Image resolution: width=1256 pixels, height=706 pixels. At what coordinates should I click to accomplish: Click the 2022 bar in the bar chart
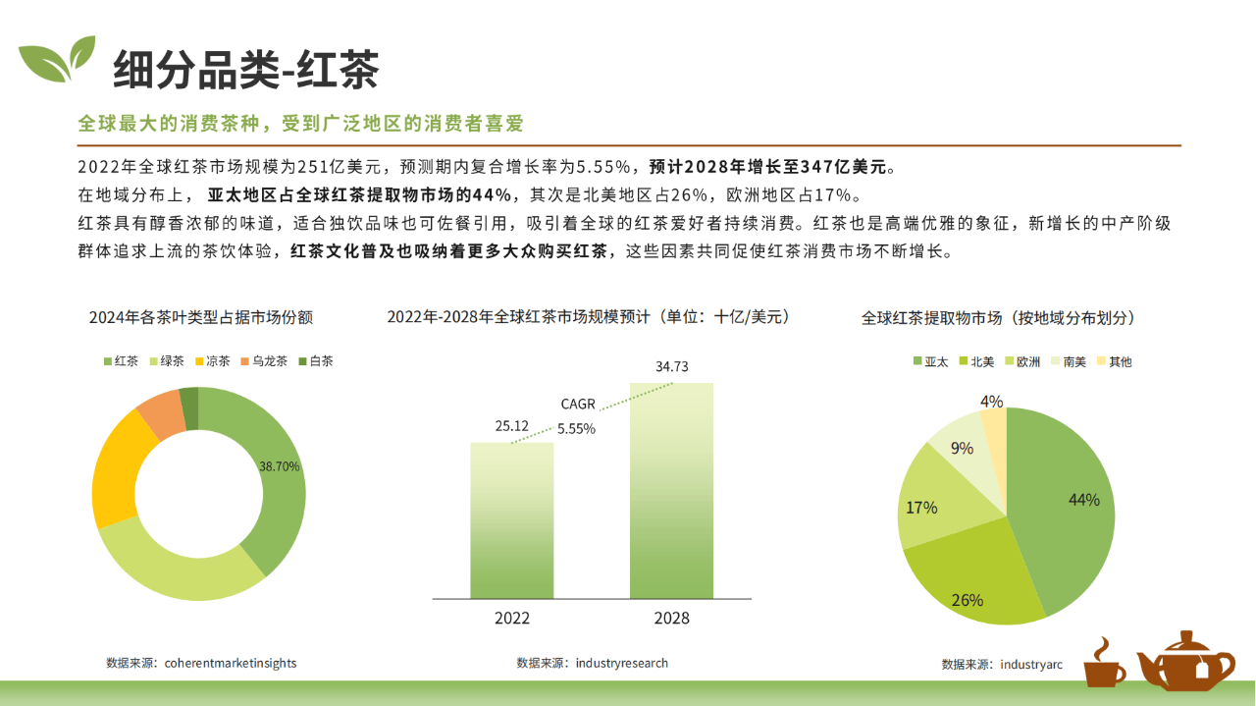[512, 520]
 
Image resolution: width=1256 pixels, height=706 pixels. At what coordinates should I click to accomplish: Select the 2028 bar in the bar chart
[672, 491]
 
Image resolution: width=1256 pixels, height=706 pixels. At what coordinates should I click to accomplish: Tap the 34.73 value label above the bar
[672, 366]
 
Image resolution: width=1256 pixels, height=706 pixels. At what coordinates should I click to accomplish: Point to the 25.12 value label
[511, 426]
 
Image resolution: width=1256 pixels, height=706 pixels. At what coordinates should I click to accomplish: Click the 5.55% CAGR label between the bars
[576, 429]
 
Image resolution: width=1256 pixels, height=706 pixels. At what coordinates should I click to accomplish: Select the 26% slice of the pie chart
[972, 578]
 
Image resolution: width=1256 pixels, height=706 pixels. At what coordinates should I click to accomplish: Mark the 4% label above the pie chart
[991, 402]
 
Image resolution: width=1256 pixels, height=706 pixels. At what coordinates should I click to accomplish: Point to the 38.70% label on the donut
[280, 466]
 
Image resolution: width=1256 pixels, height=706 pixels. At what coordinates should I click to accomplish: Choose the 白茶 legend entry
[316, 361]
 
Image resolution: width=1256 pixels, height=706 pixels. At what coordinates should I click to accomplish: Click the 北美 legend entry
[976, 362]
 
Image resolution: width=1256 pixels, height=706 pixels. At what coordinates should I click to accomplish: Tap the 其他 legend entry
[1115, 362]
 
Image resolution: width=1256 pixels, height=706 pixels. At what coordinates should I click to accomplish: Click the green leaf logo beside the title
[57, 59]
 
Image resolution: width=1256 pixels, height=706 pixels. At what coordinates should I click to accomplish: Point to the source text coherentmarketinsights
[231, 663]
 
